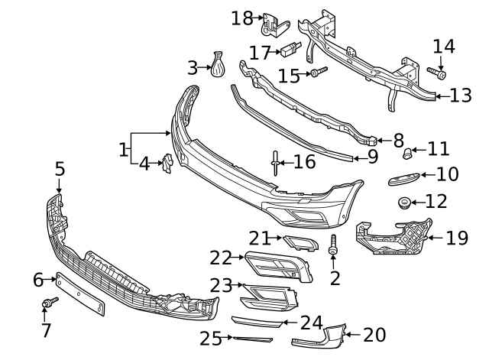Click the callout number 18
pyautogui.click(x=241, y=18)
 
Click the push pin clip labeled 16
pyautogui.click(x=274, y=163)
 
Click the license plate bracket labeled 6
pyautogui.click(x=79, y=294)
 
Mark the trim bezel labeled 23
pyautogui.click(x=266, y=294)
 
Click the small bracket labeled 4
pyautogui.click(x=167, y=164)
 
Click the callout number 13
pyautogui.click(x=461, y=96)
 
